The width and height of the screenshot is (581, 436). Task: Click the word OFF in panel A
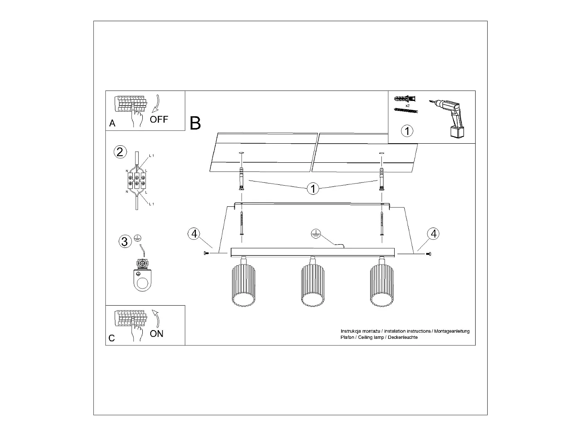click(159, 120)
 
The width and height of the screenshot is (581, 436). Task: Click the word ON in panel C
click(156, 333)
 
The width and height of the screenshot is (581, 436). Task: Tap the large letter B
click(195, 123)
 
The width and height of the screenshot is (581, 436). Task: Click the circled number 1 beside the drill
click(407, 131)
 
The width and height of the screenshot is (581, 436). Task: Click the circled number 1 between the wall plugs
click(312, 189)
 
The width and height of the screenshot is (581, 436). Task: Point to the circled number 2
click(120, 152)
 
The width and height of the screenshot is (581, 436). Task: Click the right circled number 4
click(433, 234)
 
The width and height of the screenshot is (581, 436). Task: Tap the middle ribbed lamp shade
click(312, 287)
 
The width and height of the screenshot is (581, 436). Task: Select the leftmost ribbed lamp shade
click(243, 287)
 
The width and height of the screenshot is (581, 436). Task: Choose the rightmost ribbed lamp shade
click(382, 287)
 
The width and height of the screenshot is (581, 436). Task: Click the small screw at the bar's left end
click(206, 253)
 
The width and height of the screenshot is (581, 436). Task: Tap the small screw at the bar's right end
click(428, 253)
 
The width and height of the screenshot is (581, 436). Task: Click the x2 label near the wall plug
click(408, 105)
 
